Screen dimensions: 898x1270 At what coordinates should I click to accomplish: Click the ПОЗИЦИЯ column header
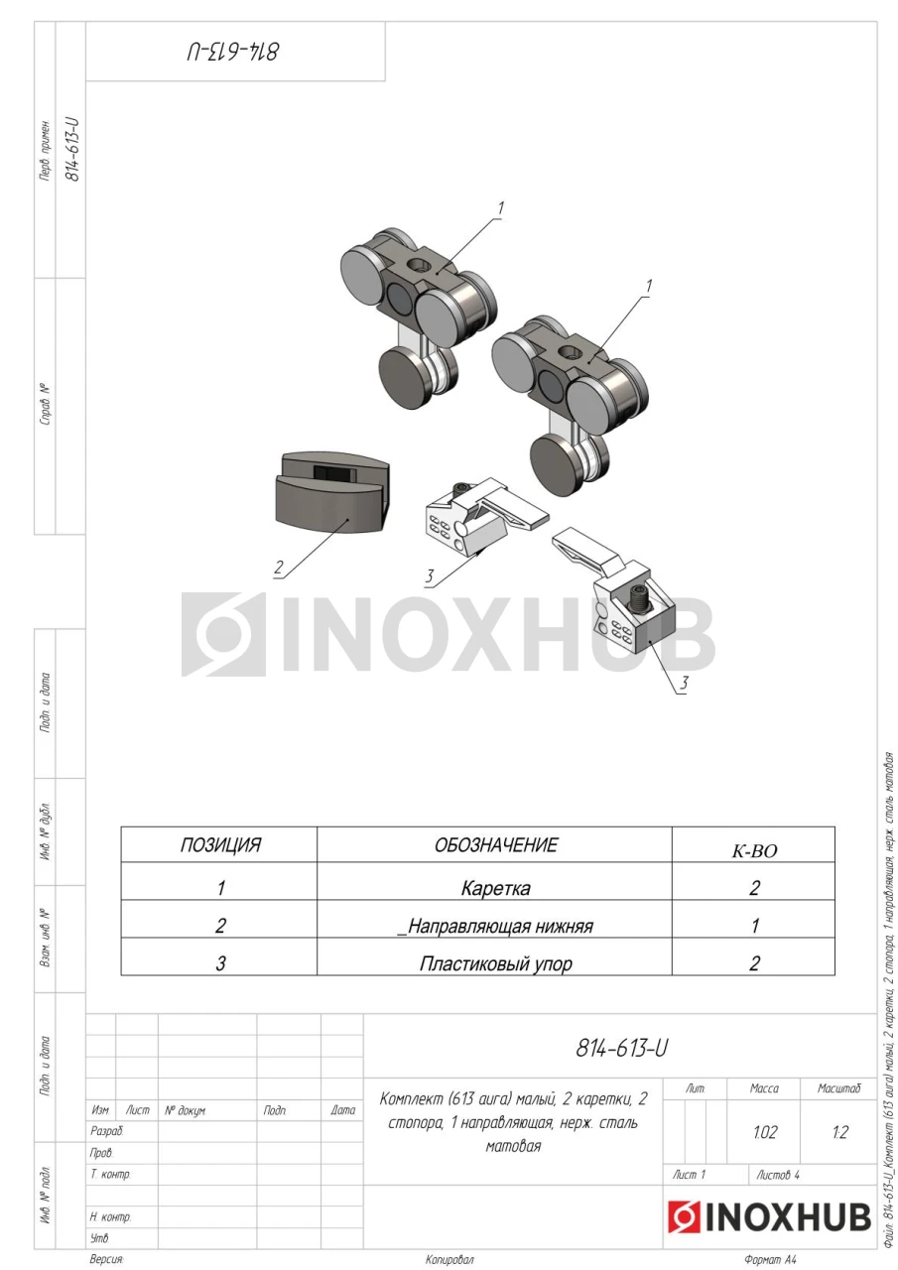[220, 844]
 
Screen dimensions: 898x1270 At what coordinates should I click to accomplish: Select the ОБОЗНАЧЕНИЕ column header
[495, 844]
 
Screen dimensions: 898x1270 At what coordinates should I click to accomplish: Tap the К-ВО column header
[754, 850]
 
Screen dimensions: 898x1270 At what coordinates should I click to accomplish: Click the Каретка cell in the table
[495, 887]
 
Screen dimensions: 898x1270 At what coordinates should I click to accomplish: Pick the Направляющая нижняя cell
[495, 926]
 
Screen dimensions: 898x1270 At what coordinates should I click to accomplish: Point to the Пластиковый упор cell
[495, 962]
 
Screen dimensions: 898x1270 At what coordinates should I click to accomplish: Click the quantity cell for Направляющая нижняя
[754, 926]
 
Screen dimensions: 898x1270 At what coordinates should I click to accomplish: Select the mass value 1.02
[765, 1132]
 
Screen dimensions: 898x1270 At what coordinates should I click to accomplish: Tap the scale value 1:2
[839, 1132]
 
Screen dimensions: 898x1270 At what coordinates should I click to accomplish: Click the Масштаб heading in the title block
[839, 1088]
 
